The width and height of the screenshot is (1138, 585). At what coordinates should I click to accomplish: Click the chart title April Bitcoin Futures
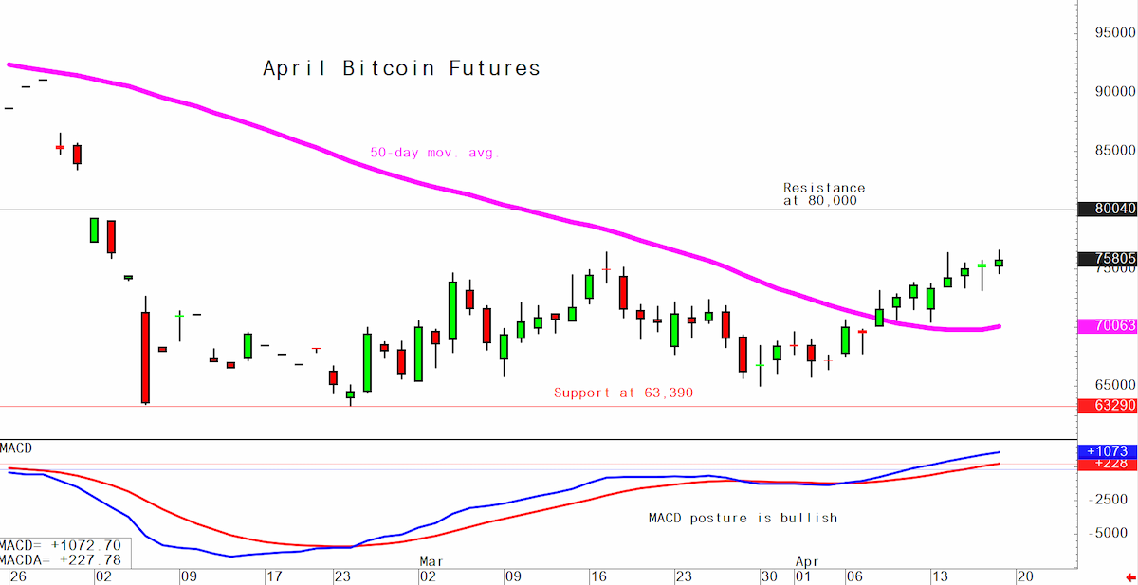(401, 68)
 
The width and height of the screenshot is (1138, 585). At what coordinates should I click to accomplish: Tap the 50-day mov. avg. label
(434, 153)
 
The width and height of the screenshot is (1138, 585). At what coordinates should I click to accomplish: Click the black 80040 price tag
(1107, 209)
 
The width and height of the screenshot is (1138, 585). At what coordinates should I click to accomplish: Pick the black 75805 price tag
(1107, 259)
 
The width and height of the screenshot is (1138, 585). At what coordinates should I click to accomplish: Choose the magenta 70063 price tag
(1107, 325)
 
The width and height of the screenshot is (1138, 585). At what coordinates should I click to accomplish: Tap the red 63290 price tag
(1107, 406)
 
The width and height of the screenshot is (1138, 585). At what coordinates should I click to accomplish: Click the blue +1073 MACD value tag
(1107, 451)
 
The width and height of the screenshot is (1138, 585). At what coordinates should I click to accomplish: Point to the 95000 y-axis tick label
(1115, 32)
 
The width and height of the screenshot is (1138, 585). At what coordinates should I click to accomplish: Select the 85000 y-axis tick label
(1115, 151)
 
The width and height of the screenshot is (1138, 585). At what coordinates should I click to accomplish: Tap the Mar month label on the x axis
(431, 561)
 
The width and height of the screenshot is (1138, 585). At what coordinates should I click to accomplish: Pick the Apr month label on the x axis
(807, 561)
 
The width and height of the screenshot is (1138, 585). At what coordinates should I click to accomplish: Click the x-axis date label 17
(274, 576)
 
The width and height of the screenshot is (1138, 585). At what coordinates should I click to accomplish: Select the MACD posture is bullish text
(743, 518)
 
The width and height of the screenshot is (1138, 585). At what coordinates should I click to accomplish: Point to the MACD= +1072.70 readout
(61, 545)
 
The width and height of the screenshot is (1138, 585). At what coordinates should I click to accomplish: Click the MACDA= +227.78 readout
(61, 560)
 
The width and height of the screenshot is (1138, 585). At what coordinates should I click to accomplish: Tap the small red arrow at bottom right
(1130, 577)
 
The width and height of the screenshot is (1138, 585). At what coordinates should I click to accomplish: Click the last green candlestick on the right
(999, 263)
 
